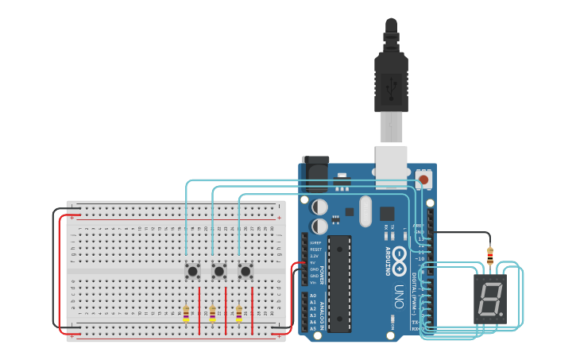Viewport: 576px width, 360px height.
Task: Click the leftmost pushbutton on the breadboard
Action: [191, 271]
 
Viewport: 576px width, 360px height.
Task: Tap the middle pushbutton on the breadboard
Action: [218, 271]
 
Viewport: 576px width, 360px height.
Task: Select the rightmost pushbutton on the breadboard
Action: [245, 271]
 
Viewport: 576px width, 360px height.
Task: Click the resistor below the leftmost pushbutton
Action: [186, 314]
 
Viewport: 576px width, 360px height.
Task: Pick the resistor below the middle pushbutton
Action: [212, 314]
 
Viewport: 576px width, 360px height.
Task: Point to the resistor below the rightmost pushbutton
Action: [238, 314]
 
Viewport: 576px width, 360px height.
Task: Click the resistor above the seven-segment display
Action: [490, 256]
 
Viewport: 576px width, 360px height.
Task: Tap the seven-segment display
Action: [490, 299]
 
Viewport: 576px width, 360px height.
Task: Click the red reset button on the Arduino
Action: [423, 180]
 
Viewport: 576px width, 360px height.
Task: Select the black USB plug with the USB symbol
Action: [391, 83]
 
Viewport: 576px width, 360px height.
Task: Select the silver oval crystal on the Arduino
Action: [365, 211]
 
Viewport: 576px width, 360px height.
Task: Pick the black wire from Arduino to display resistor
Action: [461, 233]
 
